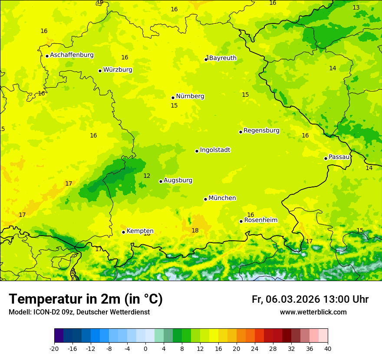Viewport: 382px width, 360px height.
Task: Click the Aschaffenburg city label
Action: [x=72, y=55]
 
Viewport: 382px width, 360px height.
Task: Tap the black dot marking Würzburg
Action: [x=100, y=71]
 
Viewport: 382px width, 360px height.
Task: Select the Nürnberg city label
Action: [x=190, y=96]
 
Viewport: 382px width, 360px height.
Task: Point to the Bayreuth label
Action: [x=223, y=58]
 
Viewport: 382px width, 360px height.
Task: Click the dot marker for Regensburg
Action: [x=240, y=132]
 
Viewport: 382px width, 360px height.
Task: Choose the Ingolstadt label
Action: [x=215, y=150]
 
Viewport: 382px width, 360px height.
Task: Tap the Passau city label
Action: [x=339, y=157]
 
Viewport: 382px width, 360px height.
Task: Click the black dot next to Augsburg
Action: [x=161, y=181]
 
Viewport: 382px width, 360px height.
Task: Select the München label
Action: [x=222, y=198]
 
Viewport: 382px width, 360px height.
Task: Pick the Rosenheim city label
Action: [x=260, y=220]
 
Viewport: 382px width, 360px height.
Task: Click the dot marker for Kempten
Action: [x=123, y=232]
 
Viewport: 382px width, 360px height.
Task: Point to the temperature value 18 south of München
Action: [x=195, y=230]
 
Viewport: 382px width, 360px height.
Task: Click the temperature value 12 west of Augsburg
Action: [x=147, y=176]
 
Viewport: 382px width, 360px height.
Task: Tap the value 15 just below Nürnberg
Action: [x=174, y=105]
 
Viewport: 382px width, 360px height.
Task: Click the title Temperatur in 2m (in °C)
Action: [x=86, y=299]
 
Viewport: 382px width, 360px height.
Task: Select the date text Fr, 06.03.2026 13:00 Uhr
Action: [x=310, y=299]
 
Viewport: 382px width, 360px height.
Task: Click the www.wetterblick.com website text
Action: [x=313, y=312]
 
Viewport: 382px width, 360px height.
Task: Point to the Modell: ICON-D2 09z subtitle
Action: [x=79, y=312]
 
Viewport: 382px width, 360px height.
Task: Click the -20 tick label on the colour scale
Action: [x=54, y=348]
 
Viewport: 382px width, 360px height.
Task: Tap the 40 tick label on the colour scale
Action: [x=328, y=348]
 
